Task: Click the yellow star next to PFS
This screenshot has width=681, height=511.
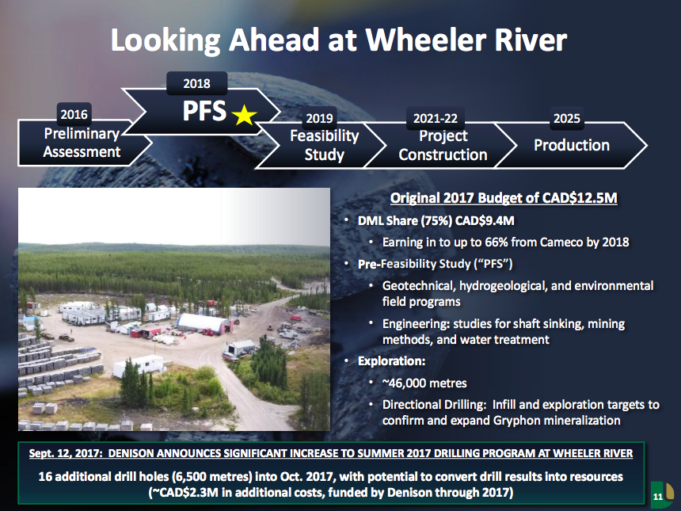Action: point(244,115)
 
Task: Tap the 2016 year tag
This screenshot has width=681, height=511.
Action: point(74,114)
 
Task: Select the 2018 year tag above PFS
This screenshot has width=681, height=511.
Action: point(196,83)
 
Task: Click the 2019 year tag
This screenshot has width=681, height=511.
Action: point(319,118)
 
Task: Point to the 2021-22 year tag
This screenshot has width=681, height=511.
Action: point(436,118)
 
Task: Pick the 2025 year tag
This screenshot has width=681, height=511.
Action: point(566,118)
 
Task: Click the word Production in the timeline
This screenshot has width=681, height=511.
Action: point(572,145)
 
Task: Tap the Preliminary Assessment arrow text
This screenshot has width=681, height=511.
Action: point(82,143)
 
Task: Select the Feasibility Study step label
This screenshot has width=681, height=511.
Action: point(324,145)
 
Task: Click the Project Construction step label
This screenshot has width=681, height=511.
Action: point(443,145)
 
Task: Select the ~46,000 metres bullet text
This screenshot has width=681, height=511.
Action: point(424,383)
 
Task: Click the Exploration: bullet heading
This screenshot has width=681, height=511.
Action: point(391,361)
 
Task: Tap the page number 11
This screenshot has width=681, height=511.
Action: point(658,497)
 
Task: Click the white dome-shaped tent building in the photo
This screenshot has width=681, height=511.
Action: point(202,323)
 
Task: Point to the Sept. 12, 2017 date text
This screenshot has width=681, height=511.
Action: point(66,453)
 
